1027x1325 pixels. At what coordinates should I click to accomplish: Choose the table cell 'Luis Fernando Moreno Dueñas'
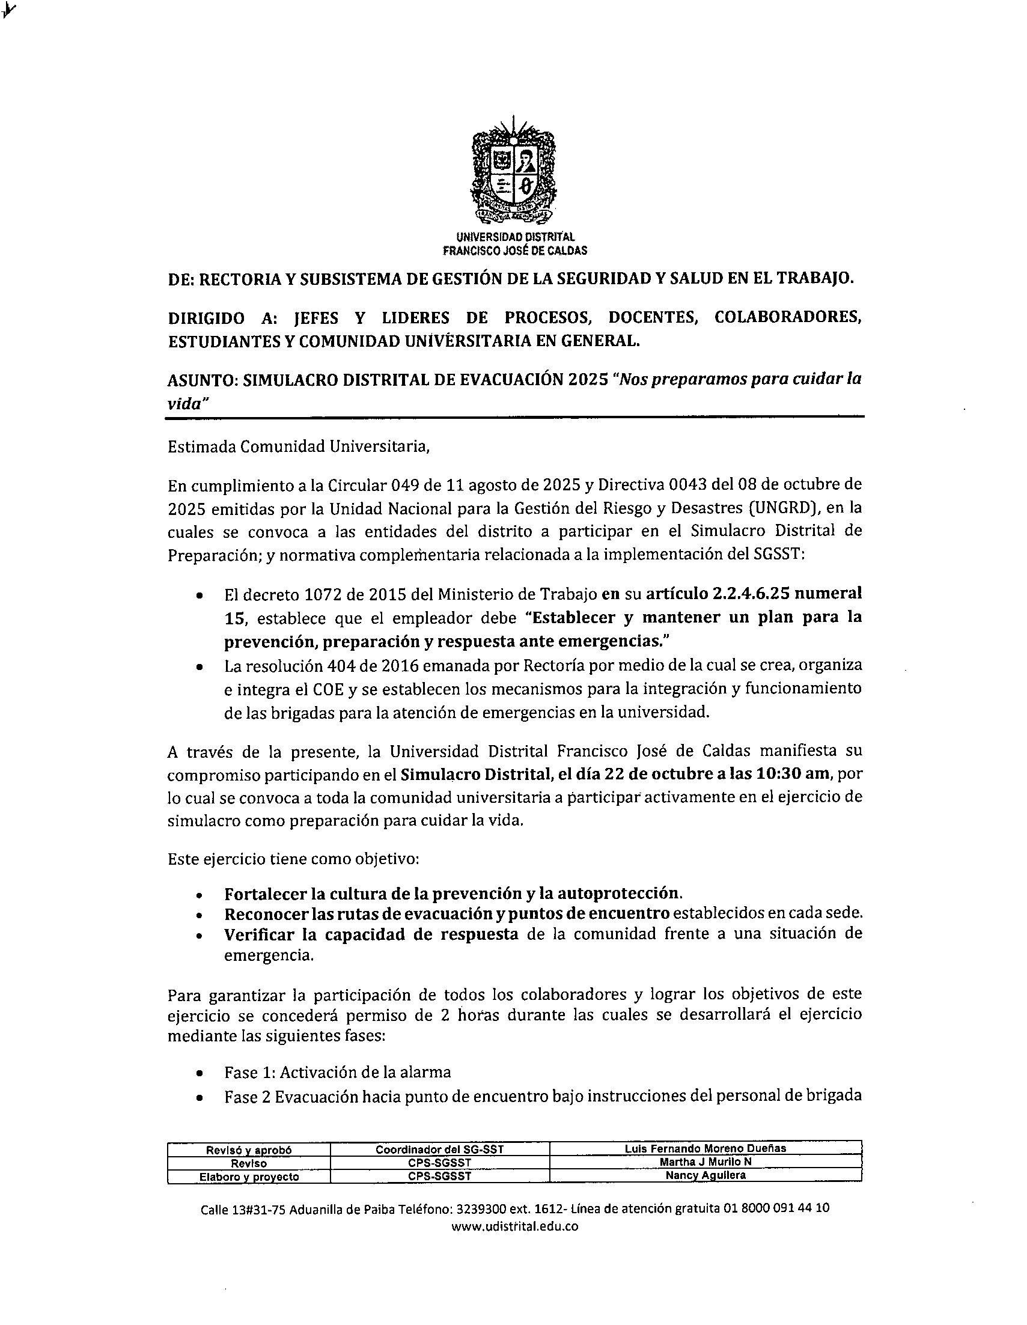pyautogui.click(x=705, y=1148)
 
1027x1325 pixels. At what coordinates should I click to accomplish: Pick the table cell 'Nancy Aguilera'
pyautogui.click(x=705, y=1175)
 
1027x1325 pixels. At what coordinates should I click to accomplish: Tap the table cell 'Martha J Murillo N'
pyautogui.click(x=705, y=1161)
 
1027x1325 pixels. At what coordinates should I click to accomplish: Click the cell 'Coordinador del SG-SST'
pyautogui.click(x=439, y=1148)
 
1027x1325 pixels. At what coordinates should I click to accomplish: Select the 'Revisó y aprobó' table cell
pyautogui.click(x=249, y=1149)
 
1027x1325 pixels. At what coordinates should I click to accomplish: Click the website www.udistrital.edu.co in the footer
pyautogui.click(x=514, y=1226)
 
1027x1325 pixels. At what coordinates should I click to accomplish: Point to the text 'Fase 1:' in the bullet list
pyautogui.click(x=251, y=1072)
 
